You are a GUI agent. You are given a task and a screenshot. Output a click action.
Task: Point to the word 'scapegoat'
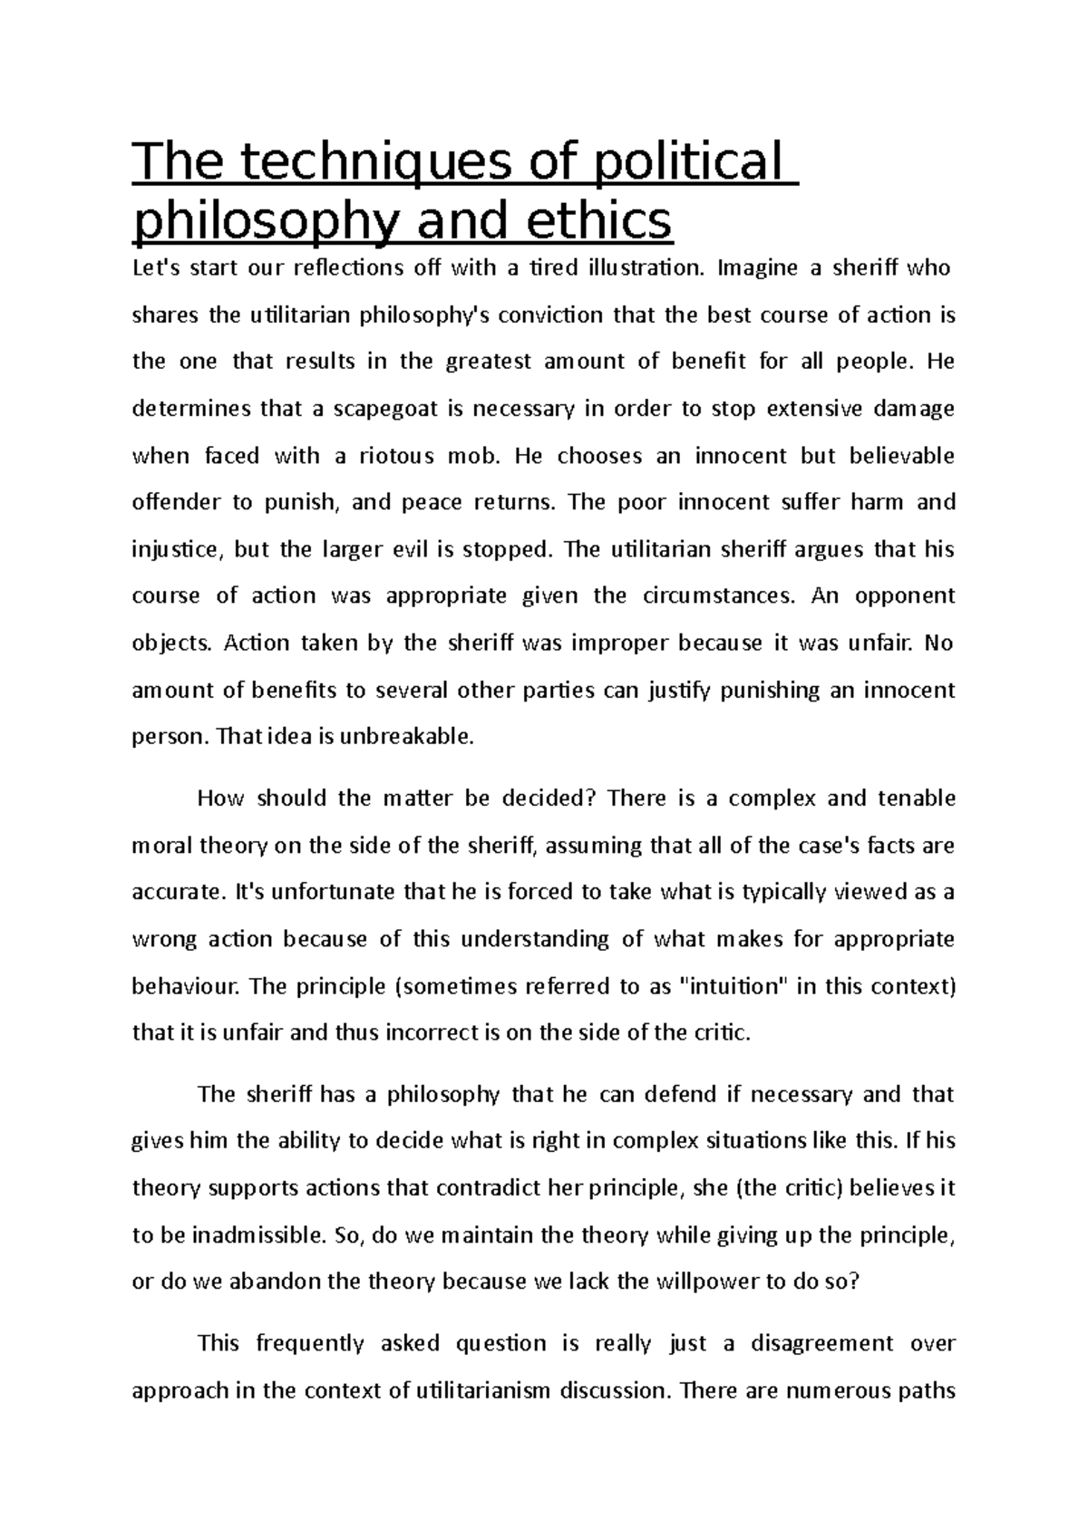(x=383, y=409)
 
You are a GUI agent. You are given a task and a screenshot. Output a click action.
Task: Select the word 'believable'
(x=901, y=456)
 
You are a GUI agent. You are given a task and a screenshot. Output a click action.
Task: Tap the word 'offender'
(x=179, y=503)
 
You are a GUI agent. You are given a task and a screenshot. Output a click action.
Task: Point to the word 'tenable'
(x=917, y=799)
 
